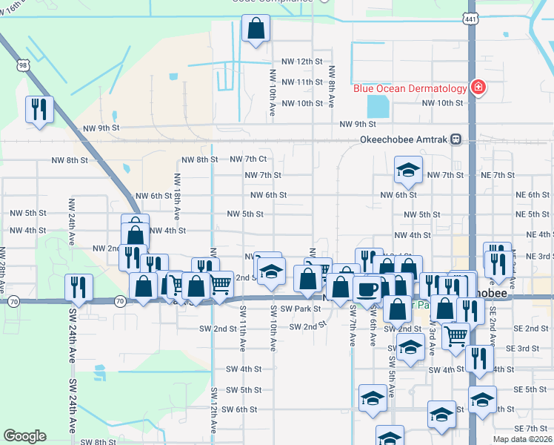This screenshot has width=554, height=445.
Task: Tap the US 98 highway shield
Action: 24,65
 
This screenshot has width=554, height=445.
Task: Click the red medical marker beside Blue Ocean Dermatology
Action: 478,88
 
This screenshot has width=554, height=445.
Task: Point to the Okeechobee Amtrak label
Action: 405,139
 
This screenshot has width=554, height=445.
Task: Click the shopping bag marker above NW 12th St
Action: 256,30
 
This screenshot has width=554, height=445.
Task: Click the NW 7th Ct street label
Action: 247,159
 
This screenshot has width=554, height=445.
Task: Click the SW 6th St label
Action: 239,409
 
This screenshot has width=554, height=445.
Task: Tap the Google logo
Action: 24,436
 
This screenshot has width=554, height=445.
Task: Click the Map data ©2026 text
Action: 522,439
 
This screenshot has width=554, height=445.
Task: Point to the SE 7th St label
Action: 530,429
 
